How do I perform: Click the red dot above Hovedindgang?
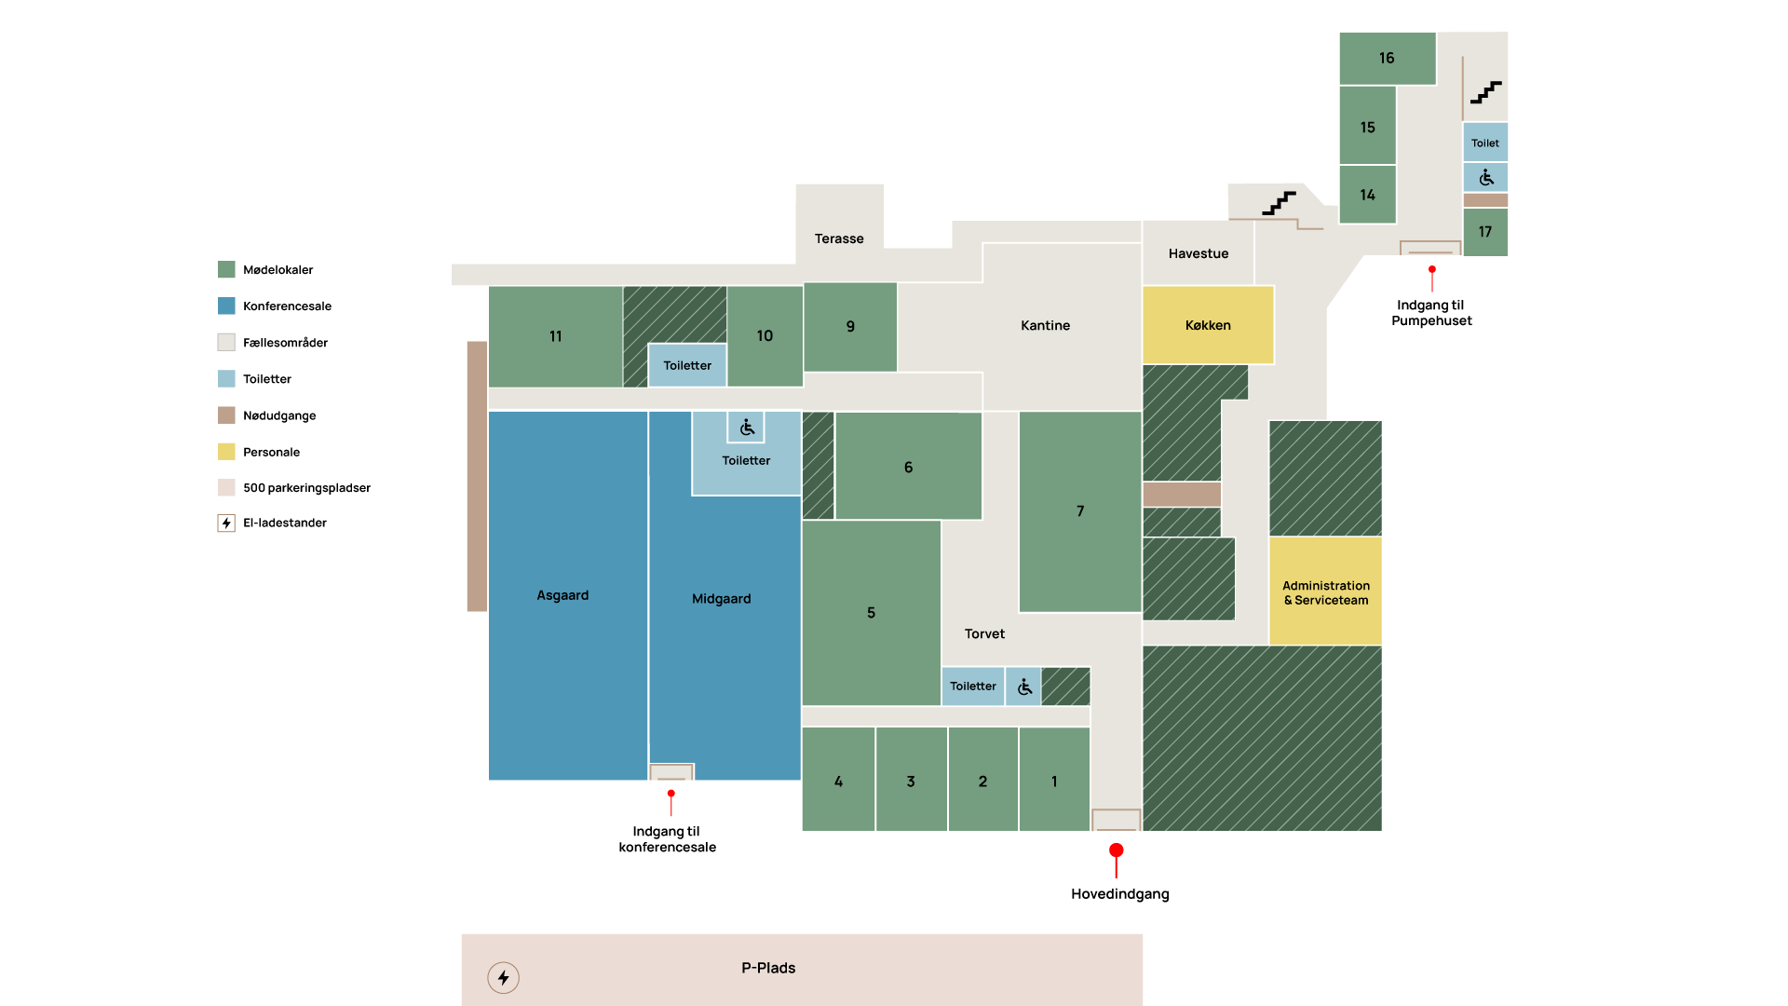click(x=1116, y=850)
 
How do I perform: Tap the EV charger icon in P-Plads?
click(x=503, y=977)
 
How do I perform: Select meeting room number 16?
click(x=1387, y=59)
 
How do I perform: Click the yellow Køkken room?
click(x=1208, y=325)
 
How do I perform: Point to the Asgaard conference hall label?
click(x=562, y=595)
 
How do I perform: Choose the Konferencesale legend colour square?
click(x=226, y=306)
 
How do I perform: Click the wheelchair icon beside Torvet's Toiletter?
click(x=1024, y=687)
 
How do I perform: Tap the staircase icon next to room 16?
click(x=1485, y=91)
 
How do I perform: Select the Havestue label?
click(x=1199, y=253)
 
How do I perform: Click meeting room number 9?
click(x=850, y=327)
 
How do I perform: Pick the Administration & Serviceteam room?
click(x=1325, y=591)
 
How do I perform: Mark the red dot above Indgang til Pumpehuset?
click(x=1432, y=269)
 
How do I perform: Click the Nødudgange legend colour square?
click(x=226, y=415)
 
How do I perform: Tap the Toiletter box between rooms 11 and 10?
click(x=687, y=365)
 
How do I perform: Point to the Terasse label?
click(x=839, y=238)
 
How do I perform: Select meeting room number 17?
click(x=1485, y=232)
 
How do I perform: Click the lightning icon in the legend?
click(x=226, y=523)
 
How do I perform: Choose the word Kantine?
click(x=1045, y=325)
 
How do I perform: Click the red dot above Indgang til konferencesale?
click(x=670, y=794)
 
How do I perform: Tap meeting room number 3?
click(x=911, y=780)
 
